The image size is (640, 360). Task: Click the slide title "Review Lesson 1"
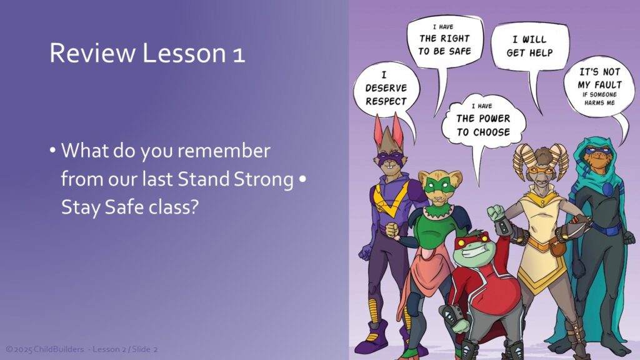(x=147, y=53)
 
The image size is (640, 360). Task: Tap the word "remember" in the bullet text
(x=224, y=151)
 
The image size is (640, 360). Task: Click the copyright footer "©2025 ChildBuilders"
(x=45, y=349)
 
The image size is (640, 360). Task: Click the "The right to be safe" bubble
(x=444, y=41)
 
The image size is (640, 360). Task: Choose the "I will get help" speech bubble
(x=529, y=46)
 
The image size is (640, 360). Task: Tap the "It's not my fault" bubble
(x=599, y=86)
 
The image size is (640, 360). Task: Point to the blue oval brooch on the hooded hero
(x=607, y=189)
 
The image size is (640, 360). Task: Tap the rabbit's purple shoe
(x=371, y=337)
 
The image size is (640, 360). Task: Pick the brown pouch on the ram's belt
(x=556, y=248)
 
